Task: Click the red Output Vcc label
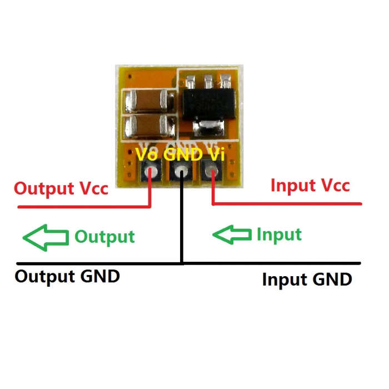click(x=61, y=189)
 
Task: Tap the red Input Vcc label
click(x=310, y=185)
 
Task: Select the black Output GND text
click(x=67, y=277)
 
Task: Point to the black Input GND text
click(x=307, y=280)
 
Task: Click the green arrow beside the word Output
click(x=46, y=238)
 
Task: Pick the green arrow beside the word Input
click(x=232, y=235)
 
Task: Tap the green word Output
click(x=104, y=237)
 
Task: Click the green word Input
click(x=279, y=235)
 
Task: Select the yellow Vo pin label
click(x=146, y=154)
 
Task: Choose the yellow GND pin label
click(x=183, y=154)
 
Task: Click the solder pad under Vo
click(x=151, y=171)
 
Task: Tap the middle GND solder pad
click(x=181, y=171)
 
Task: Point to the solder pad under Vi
click(x=212, y=171)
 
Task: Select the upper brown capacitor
click(x=149, y=101)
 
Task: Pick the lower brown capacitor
click(x=149, y=126)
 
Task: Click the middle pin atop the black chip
click(x=208, y=81)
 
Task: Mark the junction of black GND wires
click(x=182, y=263)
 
